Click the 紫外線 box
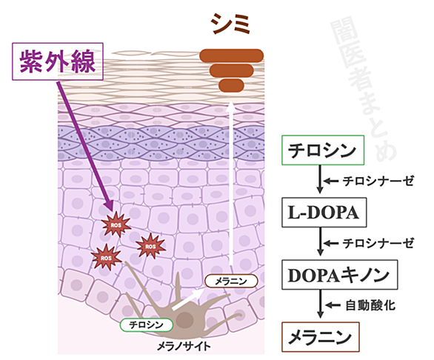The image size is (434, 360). click(58, 61)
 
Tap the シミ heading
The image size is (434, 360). click(231, 24)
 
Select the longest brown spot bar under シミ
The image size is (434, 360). click(231, 56)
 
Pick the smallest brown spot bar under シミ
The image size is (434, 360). click(231, 85)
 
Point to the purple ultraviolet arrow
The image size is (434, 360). click(85, 146)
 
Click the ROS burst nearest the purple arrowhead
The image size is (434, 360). click(116, 224)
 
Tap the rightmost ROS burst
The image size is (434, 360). click(150, 246)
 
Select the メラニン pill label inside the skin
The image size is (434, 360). click(231, 281)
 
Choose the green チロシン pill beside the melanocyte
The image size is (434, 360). click(147, 325)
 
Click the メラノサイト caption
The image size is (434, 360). click(184, 347)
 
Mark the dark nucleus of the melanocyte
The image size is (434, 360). click(185, 320)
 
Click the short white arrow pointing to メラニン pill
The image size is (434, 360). click(187, 299)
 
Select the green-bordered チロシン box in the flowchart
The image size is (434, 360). click(323, 150)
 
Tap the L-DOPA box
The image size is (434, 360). click(324, 213)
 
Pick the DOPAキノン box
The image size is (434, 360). click(340, 275)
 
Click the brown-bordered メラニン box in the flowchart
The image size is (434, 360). click(321, 337)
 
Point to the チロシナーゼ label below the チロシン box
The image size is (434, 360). click(378, 181)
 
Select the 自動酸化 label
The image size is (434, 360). click(370, 305)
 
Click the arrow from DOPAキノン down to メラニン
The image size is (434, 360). click(320, 304)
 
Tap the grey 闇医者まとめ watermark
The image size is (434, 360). click(363, 89)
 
